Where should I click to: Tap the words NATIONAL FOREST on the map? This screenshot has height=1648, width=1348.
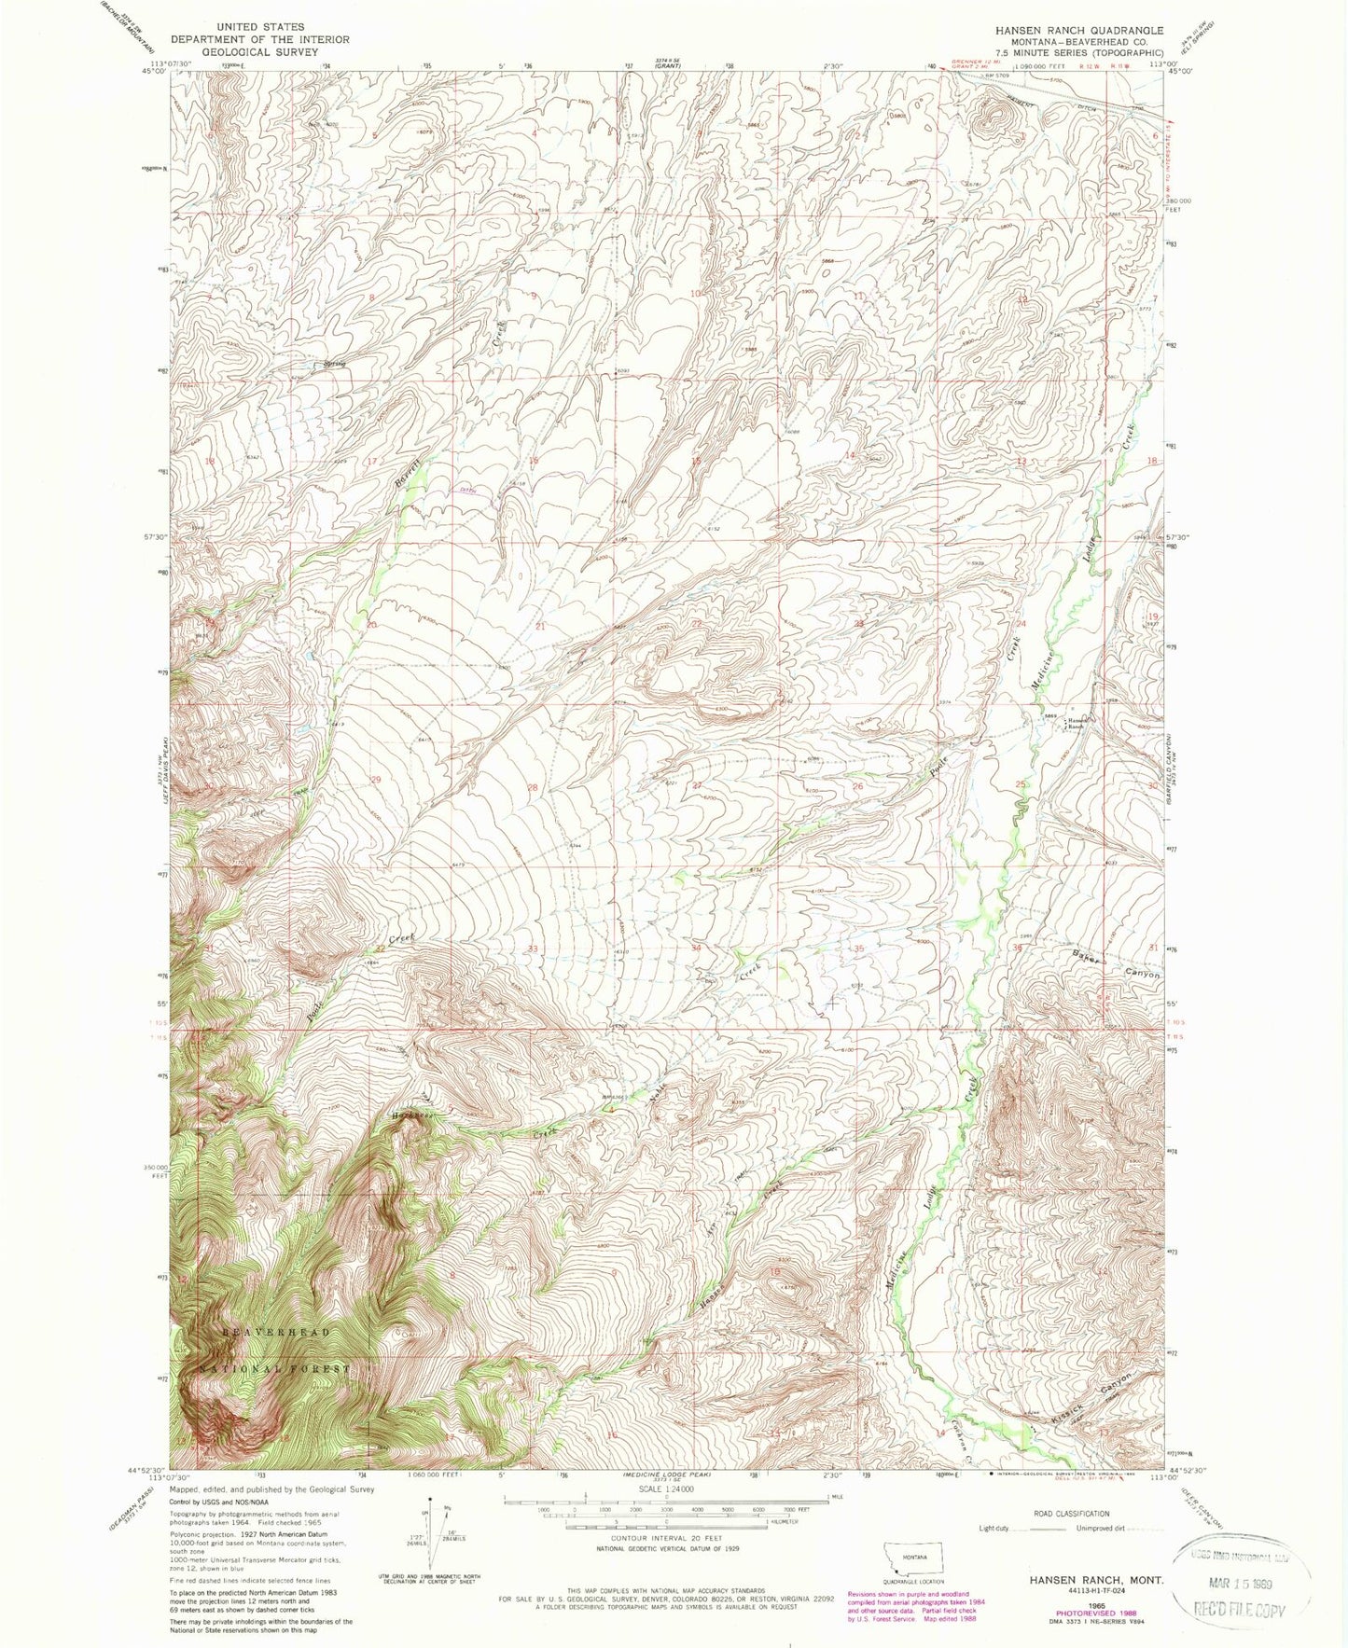276,1368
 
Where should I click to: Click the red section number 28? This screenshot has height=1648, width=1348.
534,787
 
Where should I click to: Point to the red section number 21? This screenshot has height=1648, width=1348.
540,626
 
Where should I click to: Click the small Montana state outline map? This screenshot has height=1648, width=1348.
913,1557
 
